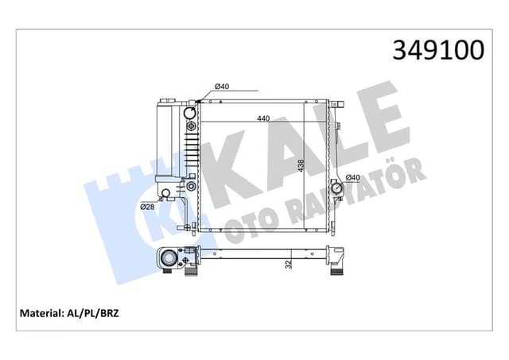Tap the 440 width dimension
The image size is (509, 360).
click(263, 118)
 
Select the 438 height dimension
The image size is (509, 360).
click(301, 165)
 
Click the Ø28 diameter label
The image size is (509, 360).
click(147, 207)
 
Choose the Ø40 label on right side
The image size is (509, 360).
click(353, 177)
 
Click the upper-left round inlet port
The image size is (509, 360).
click(190, 113)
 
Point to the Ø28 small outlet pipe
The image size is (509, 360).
click(165, 194)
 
